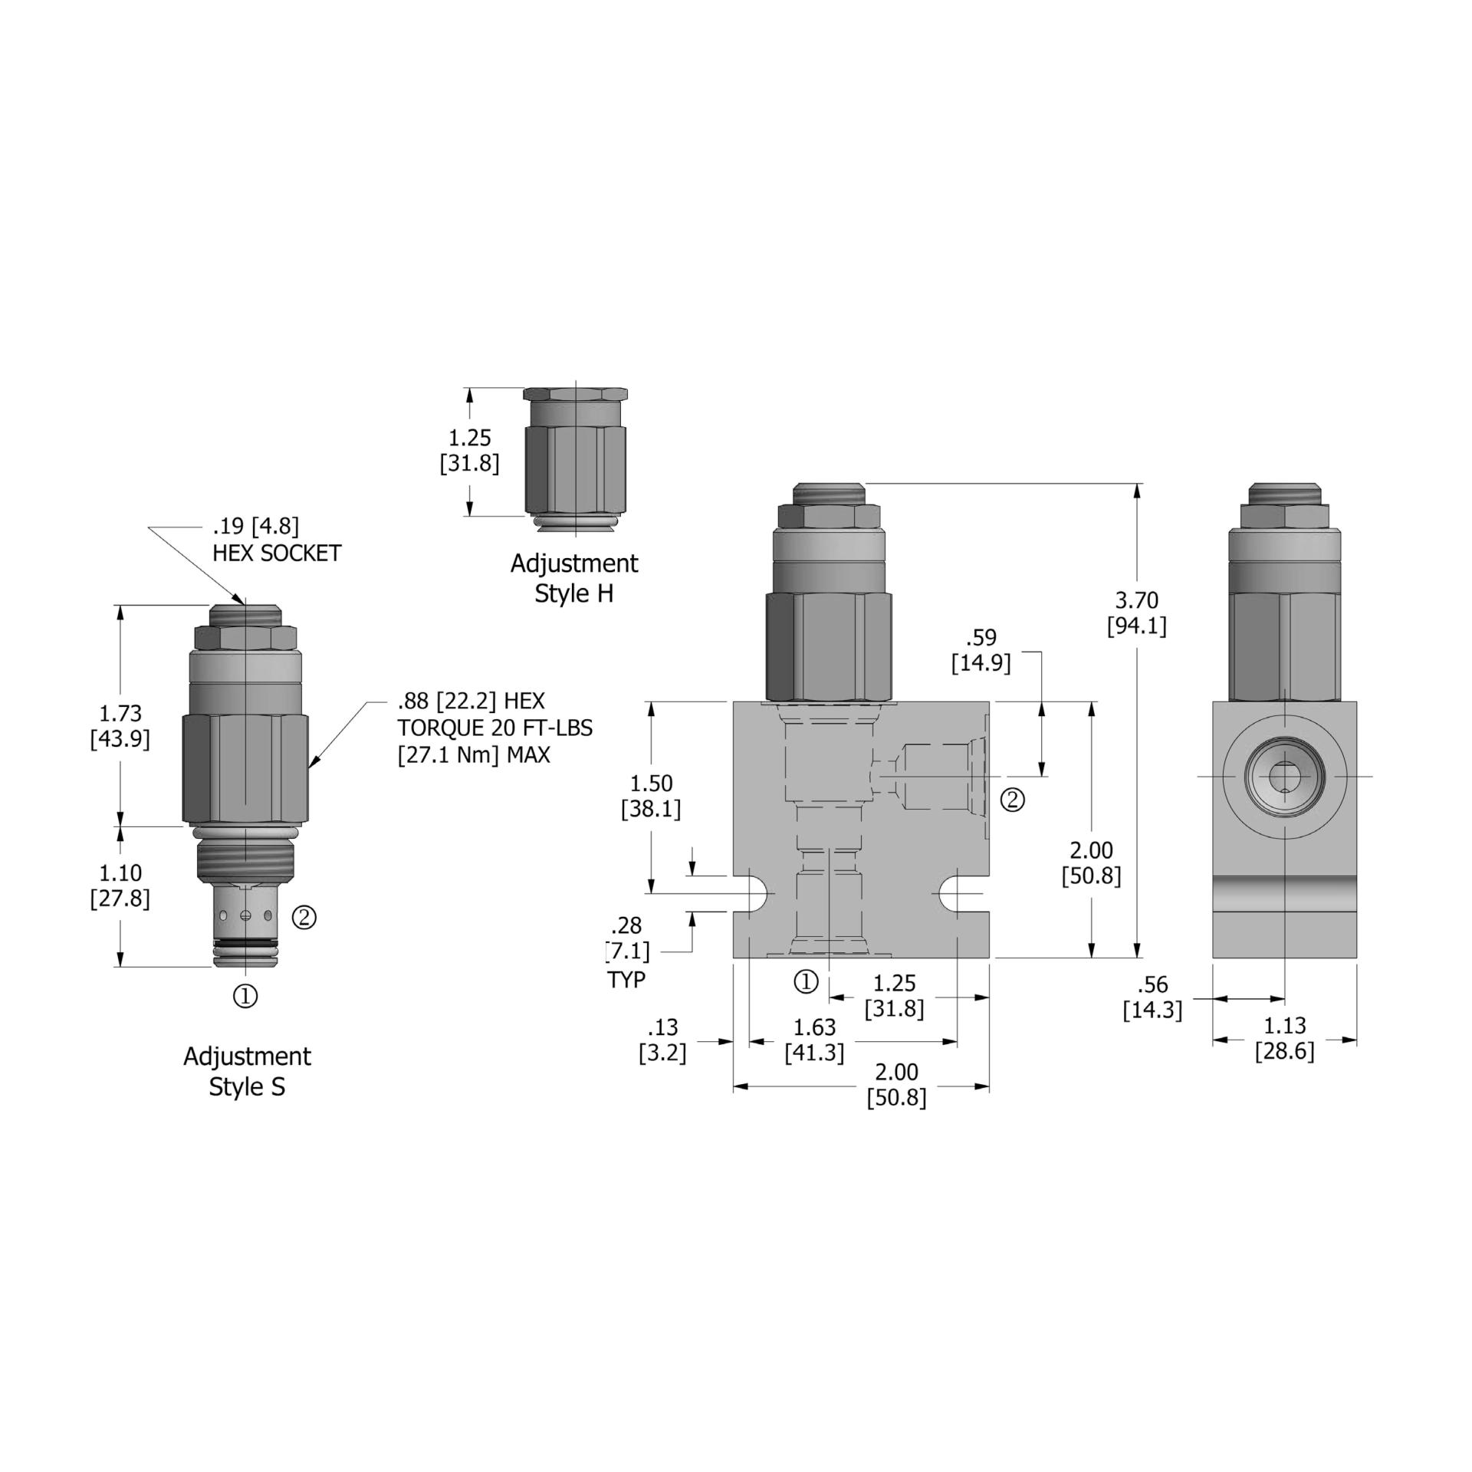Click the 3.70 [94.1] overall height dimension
[x=1136, y=613]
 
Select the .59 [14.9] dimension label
[x=981, y=650]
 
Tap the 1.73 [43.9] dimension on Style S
[x=120, y=725]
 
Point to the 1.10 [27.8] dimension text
[x=120, y=885]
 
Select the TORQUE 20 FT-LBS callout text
[x=495, y=728]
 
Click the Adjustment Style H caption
[x=573, y=578]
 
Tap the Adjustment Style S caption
[x=247, y=1071]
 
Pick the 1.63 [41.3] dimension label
[x=814, y=1039]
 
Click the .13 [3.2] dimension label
[x=662, y=1039]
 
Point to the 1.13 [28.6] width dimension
[x=1284, y=1037]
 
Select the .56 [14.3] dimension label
[x=1152, y=997]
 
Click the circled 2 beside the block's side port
[x=1013, y=800]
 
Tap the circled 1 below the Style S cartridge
[x=245, y=996]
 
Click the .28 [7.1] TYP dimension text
[x=627, y=951]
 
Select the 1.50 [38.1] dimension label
[x=650, y=796]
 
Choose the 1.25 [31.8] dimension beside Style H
[x=469, y=451]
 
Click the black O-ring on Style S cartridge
[x=244, y=942]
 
